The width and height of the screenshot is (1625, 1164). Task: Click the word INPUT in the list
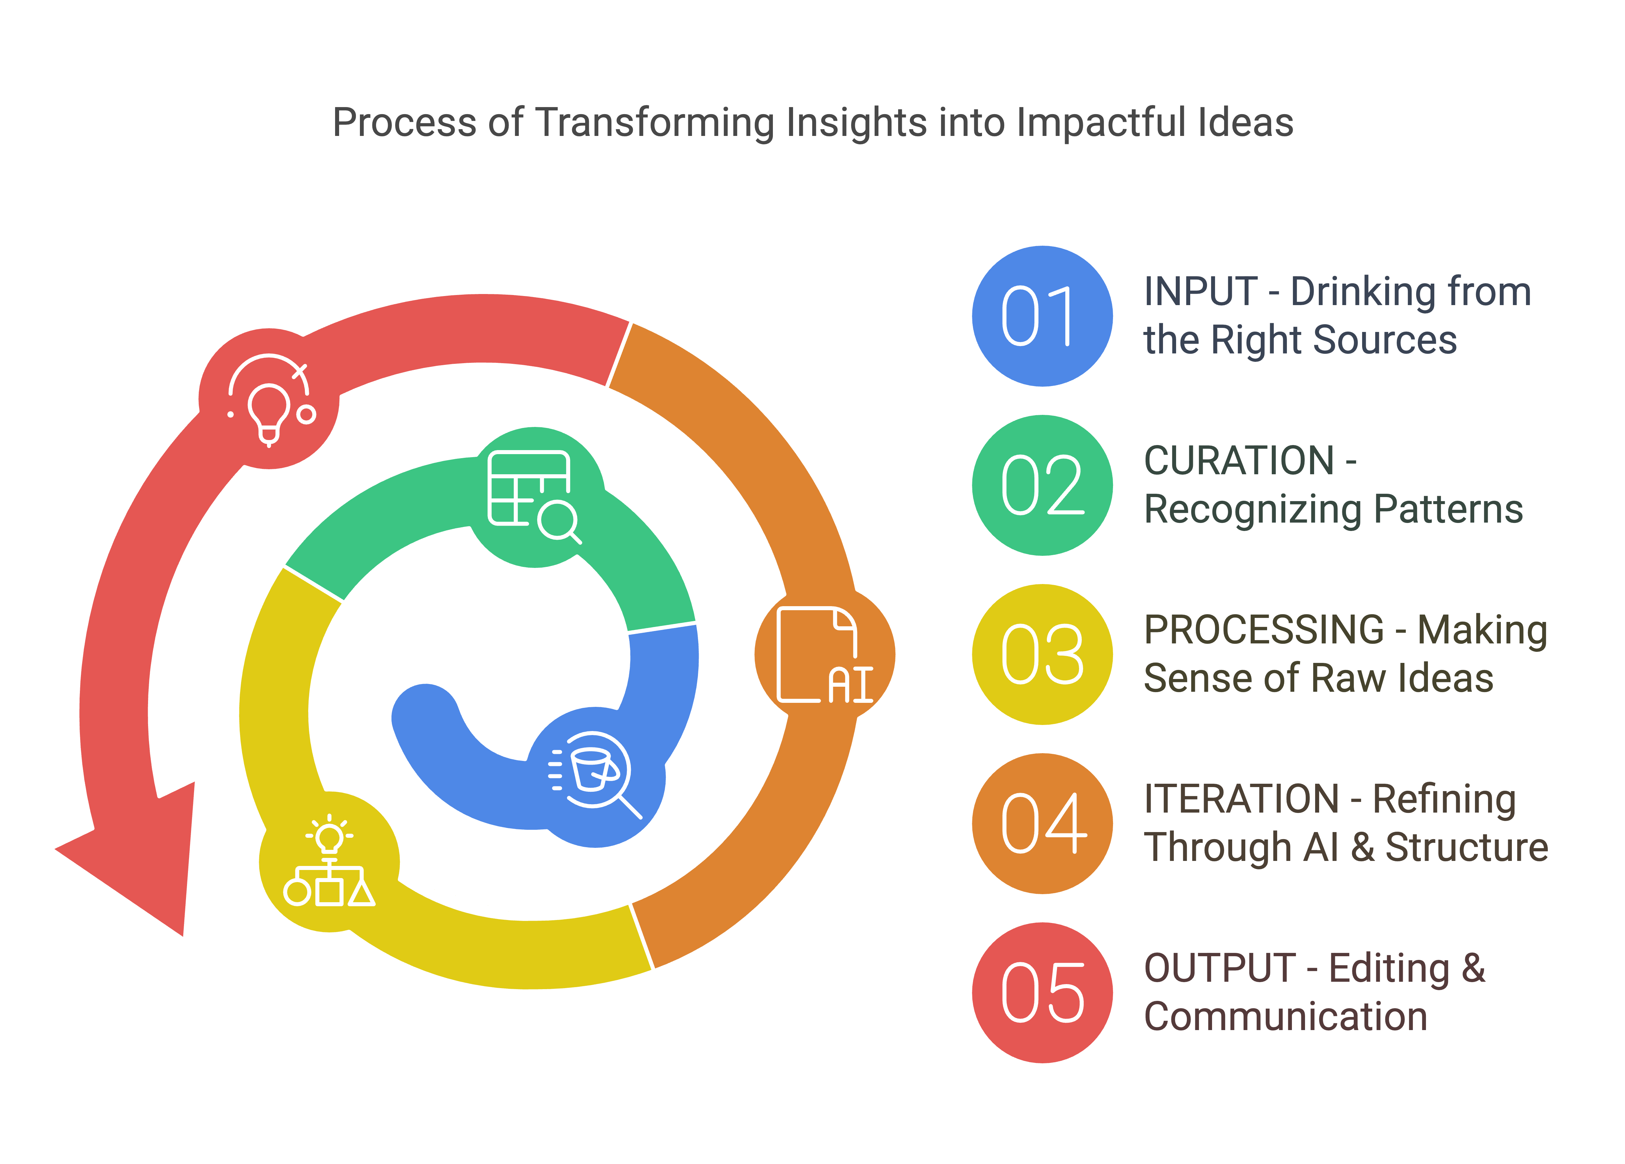(x=1201, y=292)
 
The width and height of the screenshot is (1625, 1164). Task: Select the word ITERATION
(x=1241, y=799)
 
